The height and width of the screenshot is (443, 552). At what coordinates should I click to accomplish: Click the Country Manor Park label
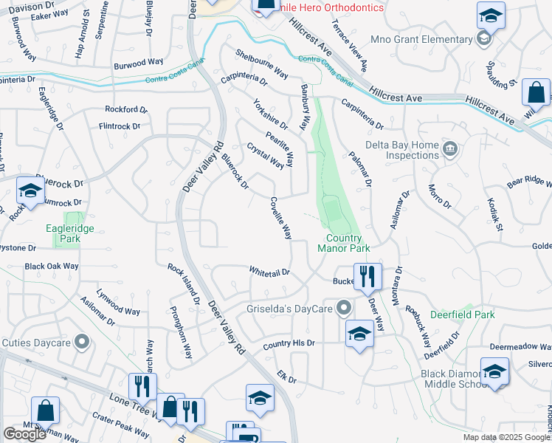click(344, 244)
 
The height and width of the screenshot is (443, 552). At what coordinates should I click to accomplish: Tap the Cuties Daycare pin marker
click(81, 342)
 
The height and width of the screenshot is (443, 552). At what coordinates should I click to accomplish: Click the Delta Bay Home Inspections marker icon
click(449, 150)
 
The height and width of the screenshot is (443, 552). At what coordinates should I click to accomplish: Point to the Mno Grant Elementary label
click(430, 39)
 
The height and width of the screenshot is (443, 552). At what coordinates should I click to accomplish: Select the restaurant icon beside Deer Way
click(367, 277)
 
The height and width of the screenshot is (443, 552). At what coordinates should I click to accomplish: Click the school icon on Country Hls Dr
click(359, 333)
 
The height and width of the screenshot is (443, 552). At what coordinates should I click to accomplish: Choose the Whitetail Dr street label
click(269, 272)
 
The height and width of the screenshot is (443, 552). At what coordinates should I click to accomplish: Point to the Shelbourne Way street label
click(261, 63)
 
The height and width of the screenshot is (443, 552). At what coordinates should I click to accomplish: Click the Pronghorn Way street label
click(181, 333)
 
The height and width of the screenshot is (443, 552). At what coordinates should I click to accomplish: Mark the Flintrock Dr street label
click(120, 126)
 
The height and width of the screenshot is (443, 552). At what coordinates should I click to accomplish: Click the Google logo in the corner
click(24, 434)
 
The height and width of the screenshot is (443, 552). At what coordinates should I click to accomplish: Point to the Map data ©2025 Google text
click(506, 438)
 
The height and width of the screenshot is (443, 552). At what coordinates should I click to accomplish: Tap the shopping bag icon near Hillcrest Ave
click(536, 93)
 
